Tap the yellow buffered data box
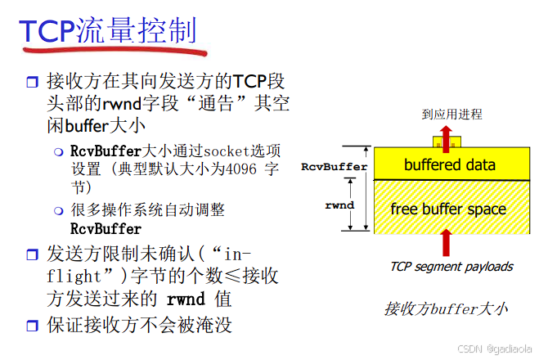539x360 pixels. (449, 164)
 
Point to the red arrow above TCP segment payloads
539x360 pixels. (446, 244)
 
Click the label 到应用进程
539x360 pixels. (451, 114)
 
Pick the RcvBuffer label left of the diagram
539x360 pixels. (334, 166)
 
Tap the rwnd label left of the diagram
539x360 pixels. (339, 205)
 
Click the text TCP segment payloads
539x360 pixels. (451, 266)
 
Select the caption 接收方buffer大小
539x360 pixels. (446, 308)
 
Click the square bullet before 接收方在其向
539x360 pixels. (32, 83)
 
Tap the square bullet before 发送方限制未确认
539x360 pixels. (32, 252)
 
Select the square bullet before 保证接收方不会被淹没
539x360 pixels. (32, 326)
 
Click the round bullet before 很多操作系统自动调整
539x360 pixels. (59, 211)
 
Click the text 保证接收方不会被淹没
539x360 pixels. (140, 324)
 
